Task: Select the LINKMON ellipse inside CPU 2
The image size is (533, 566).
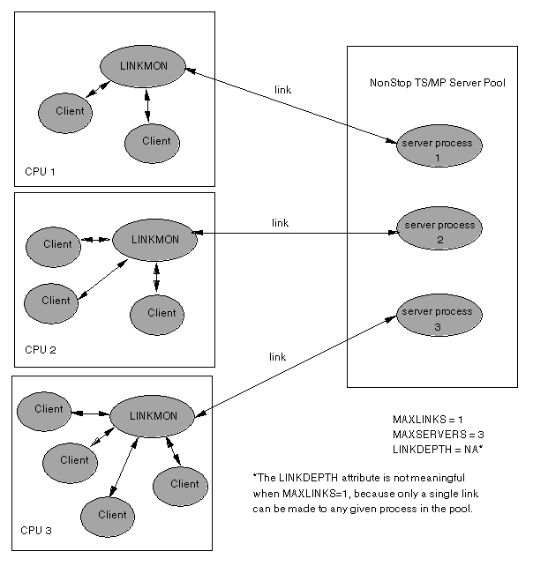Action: coord(154,239)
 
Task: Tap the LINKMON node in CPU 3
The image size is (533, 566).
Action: coord(154,415)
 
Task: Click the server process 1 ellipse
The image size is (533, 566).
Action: coord(437,149)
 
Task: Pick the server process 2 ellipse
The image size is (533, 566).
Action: coord(439,232)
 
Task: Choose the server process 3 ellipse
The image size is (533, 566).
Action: coord(438,318)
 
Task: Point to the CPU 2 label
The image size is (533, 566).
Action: coord(41,350)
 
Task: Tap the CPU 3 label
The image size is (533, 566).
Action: coord(36,531)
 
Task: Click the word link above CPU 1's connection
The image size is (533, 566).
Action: coord(283,90)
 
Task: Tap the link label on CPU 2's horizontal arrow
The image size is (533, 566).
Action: coord(280,223)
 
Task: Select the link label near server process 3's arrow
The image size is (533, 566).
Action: coord(277,356)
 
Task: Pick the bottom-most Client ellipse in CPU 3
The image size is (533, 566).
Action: coord(112,515)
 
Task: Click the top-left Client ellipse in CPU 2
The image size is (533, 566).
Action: coord(57,244)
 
